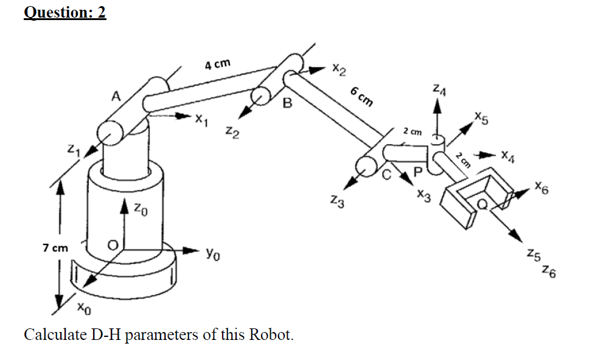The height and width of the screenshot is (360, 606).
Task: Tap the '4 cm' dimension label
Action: (217, 65)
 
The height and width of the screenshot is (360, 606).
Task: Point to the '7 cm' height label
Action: (55, 248)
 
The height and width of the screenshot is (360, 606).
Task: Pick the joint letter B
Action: (287, 104)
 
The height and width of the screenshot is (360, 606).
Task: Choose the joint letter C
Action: (386, 176)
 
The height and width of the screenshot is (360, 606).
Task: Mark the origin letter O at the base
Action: (112, 245)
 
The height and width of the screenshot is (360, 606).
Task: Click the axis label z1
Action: (72, 149)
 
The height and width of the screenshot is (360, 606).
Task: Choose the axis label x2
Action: (340, 71)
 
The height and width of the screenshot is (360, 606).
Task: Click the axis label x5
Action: (481, 118)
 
